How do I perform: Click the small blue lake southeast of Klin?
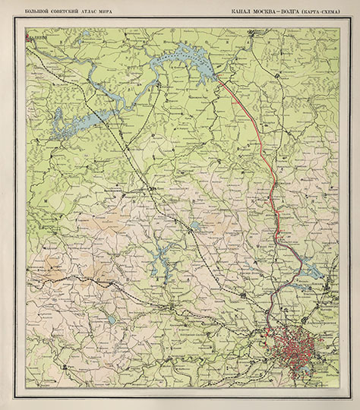(196, 225)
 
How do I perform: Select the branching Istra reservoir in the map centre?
(162, 261)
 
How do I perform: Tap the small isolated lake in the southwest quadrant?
(112, 320)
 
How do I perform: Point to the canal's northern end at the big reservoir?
(220, 79)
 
